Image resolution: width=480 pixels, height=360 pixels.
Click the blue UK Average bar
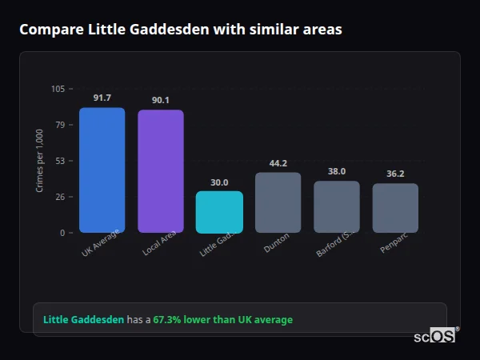click(x=102, y=170)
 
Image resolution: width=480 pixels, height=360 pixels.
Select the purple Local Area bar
click(x=160, y=171)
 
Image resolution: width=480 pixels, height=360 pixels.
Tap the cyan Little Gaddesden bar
click(x=219, y=212)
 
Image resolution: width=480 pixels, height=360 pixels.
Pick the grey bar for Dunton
click(x=278, y=202)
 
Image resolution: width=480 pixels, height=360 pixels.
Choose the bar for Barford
click(x=336, y=206)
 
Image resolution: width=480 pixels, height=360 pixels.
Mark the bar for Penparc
click(x=395, y=208)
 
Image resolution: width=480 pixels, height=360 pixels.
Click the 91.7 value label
click(x=102, y=98)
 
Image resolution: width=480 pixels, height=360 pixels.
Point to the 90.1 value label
click(x=160, y=100)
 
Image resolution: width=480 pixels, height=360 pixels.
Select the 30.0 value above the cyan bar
click(x=219, y=182)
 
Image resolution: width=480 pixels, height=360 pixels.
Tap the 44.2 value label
click(x=278, y=163)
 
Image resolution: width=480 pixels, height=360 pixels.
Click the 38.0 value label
click(x=336, y=171)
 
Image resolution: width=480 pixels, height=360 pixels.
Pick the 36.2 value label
click(x=395, y=174)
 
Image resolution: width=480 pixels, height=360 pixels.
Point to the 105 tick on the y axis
click(x=58, y=89)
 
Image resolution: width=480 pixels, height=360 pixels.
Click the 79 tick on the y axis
click(x=60, y=125)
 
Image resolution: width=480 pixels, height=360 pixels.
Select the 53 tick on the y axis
click(x=60, y=161)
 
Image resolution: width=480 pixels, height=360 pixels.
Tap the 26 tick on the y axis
click(x=60, y=197)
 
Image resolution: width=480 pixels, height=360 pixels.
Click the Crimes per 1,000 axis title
click(x=39, y=161)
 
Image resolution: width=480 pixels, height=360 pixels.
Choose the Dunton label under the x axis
click(x=275, y=244)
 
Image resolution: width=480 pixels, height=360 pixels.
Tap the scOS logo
click(x=435, y=336)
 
